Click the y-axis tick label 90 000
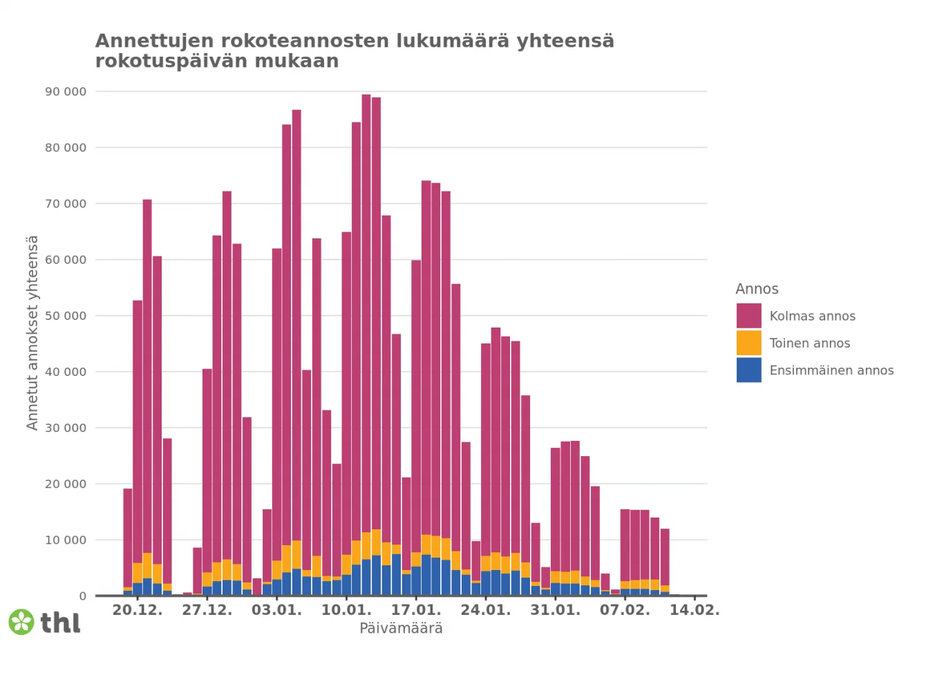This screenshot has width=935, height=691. pos(66,91)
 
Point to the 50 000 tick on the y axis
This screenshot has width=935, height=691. pos(66,316)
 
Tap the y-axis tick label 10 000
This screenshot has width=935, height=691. pos(66,540)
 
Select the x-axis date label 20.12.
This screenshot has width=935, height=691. pos(138,610)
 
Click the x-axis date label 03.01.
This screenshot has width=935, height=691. pos(276,610)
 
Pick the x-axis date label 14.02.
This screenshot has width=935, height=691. pos(695,610)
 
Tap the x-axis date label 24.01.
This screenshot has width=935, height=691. pos(486,610)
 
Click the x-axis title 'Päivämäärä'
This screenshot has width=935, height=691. pos(401,628)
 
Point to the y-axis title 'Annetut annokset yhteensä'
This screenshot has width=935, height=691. pos(32,332)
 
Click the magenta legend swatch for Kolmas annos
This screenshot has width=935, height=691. pos(748,316)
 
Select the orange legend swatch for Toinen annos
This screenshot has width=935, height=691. pos(748,343)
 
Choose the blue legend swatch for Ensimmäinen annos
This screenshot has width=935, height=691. pos(748,370)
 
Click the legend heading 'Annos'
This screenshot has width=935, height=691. pos(757,289)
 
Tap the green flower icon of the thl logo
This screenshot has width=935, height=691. pos(21,622)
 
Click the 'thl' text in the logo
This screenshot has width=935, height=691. pos(60,623)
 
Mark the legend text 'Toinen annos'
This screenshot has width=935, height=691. pos(809,343)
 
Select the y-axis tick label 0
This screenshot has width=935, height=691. pos(83,596)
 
